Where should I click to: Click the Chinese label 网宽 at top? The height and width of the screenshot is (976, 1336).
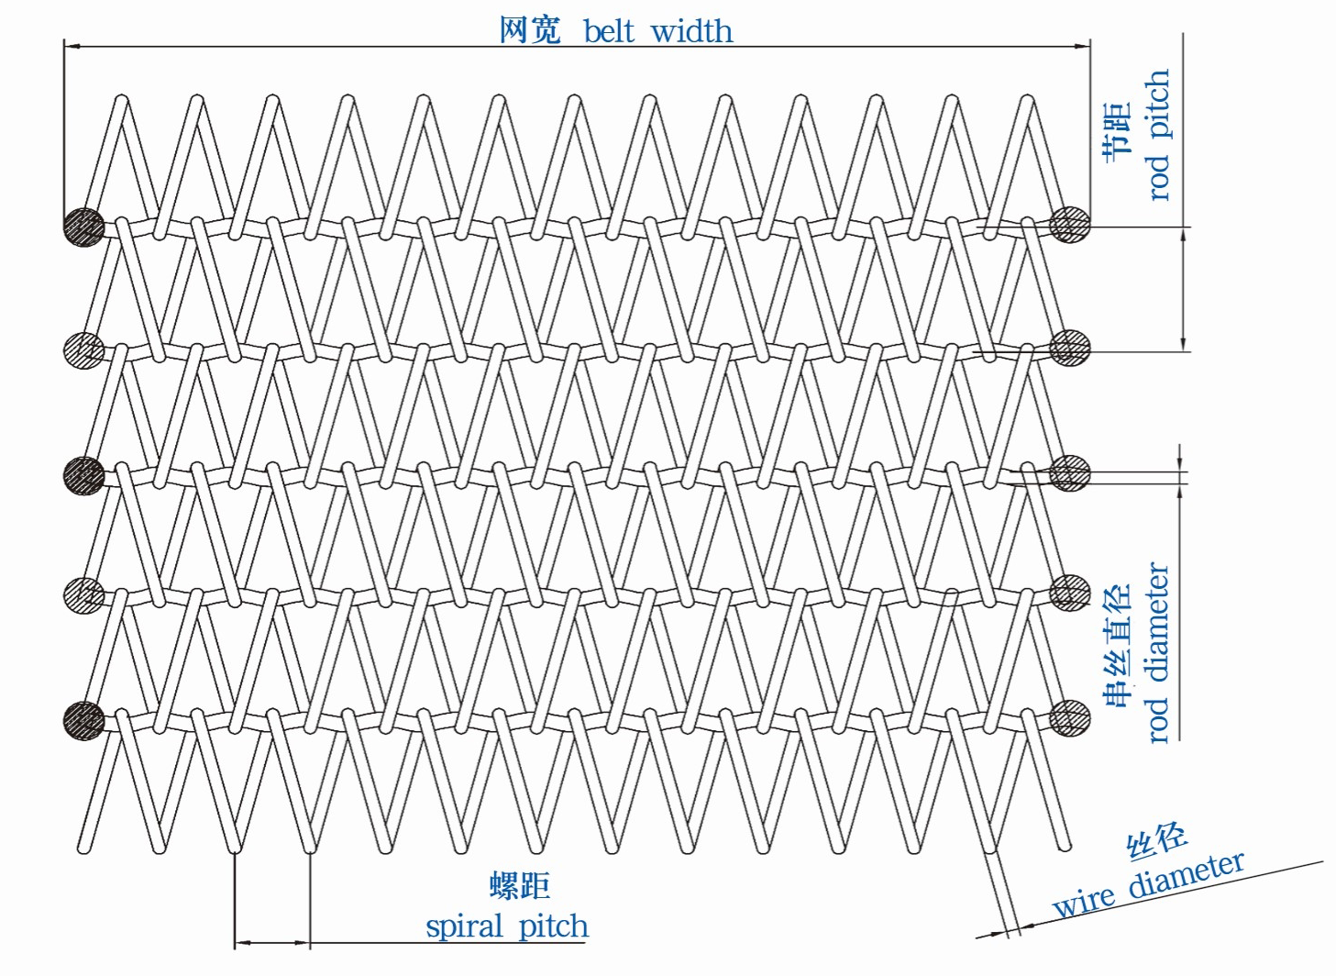(x=529, y=30)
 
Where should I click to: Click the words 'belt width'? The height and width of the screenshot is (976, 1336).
(x=657, y=31)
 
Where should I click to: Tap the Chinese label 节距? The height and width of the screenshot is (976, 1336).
(x=1118, y=133)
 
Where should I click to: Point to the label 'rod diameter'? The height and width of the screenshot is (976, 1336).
(x=1158, y=652)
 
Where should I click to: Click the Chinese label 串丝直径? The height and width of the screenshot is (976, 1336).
(x=1118, y=646)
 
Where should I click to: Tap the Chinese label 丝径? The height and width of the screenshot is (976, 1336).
(x=1157, y=840)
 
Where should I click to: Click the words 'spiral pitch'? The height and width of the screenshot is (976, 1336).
(x=507, y=926)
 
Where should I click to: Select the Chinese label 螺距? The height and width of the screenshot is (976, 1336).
(x=519, y=885)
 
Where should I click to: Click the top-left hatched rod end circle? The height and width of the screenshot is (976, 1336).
(x=84, y=226)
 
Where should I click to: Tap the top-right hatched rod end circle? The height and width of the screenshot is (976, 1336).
(x=1069, y=224)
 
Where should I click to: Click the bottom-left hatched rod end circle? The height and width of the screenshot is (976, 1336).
(x=84, y=720)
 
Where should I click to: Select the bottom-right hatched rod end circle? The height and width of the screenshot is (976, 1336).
(x=1069, y=718)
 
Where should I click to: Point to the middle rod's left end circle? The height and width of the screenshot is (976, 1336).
(x=84, y=474)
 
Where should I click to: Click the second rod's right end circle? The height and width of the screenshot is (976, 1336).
(x=1069, y=349)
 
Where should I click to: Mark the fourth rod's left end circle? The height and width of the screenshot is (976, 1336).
(x=84, y=596)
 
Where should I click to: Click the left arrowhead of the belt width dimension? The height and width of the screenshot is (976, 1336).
(x=70, y=44)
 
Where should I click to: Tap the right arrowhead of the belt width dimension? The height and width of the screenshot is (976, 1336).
(x=1084, y=44)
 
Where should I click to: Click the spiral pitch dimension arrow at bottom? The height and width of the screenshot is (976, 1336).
(x=272, y=942)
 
